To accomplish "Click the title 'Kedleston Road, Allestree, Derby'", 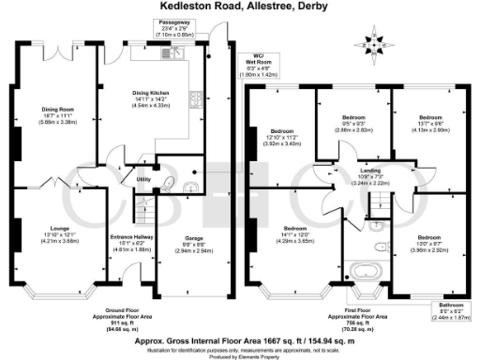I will coord(240,8).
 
